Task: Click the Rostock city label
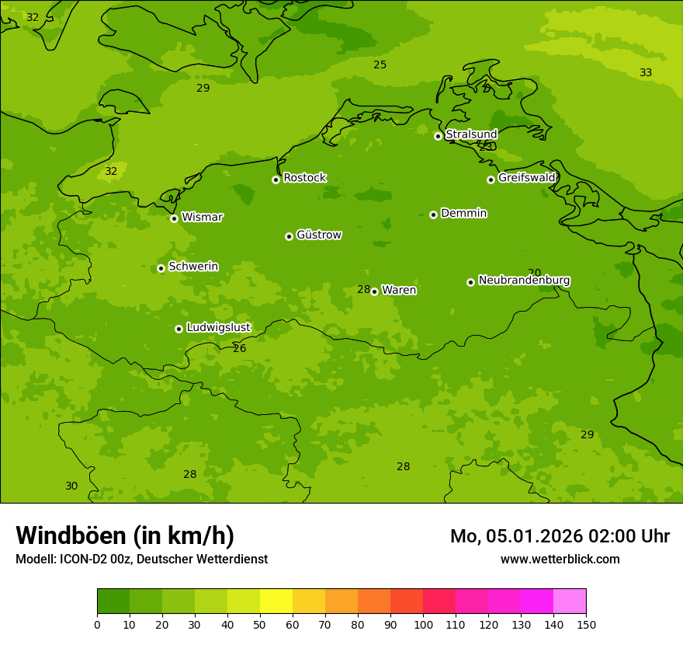tap(304, 178)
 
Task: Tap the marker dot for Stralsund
tap(438, 136)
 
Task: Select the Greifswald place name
tap(526, 178)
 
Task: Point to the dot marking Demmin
tap(433, 214)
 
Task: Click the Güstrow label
tap(318, 235)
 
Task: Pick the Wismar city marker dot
tap(174, 218)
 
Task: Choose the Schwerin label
tap(193, 267)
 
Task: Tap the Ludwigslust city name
tap(218, 328)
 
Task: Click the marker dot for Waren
tap(374, 291)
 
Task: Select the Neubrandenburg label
tap(524, 281)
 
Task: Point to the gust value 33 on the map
tap(646, 73)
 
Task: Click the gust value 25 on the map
tap(380, 65)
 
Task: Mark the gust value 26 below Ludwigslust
tap(239, 349)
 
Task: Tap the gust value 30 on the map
tap(71, 486)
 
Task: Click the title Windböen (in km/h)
tap(125, 536)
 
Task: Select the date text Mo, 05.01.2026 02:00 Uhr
tap(560, 536)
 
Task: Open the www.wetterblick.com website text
tap(560, 560)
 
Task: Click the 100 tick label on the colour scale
tap(423, 625)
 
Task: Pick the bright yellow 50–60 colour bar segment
tap(276, 601)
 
